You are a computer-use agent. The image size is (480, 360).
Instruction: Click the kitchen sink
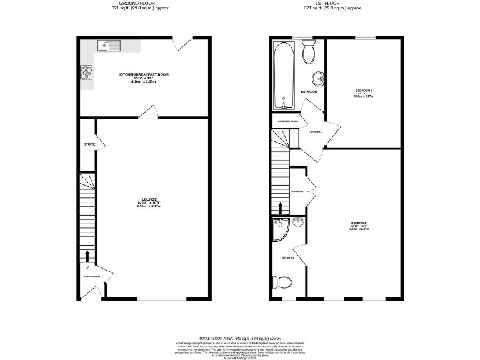[109, 44]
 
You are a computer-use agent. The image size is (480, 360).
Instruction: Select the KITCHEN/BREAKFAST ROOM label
[144, 74]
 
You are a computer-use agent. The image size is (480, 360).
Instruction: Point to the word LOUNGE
[149, 199]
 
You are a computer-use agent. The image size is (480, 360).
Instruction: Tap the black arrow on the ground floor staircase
[87, 256]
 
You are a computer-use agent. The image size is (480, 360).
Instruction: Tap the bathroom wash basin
[319, 79]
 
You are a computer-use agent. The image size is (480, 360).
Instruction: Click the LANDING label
[315, 131]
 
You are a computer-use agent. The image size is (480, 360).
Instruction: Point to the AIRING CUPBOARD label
[287, 121]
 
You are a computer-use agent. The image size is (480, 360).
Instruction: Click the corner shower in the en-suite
[279, 230]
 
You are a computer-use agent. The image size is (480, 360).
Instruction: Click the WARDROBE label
[297, 192]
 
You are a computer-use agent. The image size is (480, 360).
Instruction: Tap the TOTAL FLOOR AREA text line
[240, 337]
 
